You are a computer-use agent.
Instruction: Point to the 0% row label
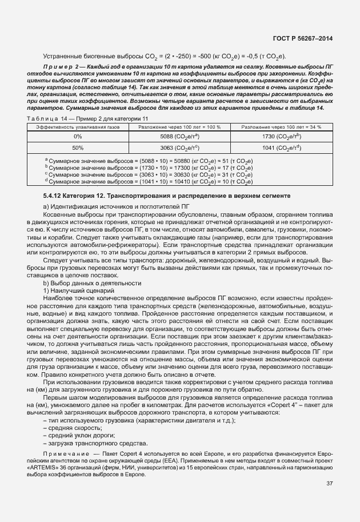click(78, 137)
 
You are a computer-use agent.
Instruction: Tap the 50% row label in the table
click(78, 148)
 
